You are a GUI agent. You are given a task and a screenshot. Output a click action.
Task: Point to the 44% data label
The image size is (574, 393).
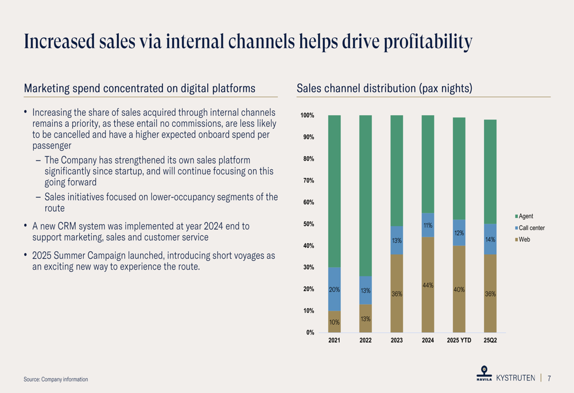point(428,285)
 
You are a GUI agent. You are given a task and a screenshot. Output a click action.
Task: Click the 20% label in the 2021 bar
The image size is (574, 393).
point(334,290)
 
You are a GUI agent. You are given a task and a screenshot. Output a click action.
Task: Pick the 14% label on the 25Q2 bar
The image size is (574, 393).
point(490,240)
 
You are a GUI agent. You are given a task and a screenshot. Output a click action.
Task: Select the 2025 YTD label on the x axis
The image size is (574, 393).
point(459,340)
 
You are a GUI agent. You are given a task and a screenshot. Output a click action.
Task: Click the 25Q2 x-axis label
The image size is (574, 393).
point(490,340)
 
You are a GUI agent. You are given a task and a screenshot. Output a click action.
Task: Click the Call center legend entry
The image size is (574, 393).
point(532,228)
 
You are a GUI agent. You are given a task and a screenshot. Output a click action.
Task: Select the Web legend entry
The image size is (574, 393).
point(524,239)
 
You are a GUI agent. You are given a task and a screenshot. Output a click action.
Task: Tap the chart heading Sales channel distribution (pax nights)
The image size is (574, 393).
point(384,88)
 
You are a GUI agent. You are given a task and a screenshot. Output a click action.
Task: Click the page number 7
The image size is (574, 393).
point(549,378)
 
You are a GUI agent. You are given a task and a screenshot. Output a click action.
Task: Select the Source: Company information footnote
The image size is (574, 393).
point(56,379)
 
